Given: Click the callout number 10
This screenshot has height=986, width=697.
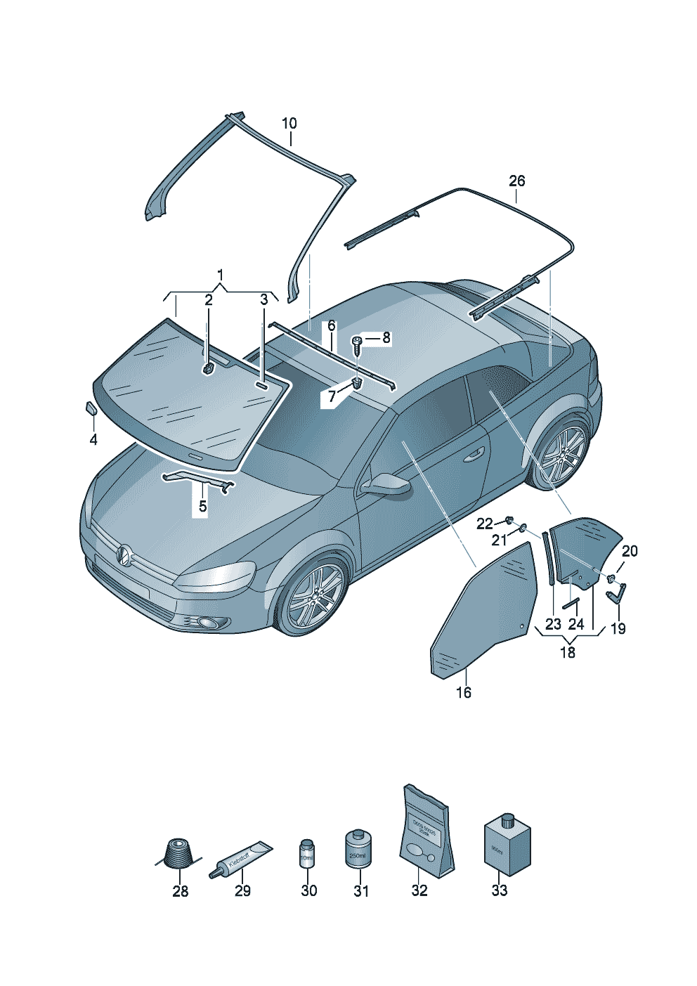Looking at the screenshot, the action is click(x=289, y=124).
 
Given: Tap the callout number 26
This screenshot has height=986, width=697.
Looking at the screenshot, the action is click(x=516, y=181).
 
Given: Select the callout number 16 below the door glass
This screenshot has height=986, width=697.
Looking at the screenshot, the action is click(x=464, y=692).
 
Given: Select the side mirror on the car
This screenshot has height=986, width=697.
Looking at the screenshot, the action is click(x=385, y=484).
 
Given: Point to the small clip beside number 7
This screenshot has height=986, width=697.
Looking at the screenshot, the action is click(x=357, y=384).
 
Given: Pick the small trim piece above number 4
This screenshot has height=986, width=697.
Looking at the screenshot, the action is click(x=91, y=408).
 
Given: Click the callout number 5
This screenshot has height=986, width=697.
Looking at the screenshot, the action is click(x=202, y=506).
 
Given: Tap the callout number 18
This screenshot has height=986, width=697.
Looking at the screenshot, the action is click(x=568, y=652).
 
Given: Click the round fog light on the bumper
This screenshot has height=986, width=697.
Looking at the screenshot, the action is click(x=208, y=622).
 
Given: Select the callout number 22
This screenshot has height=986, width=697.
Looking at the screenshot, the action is click(x=485, y=524).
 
